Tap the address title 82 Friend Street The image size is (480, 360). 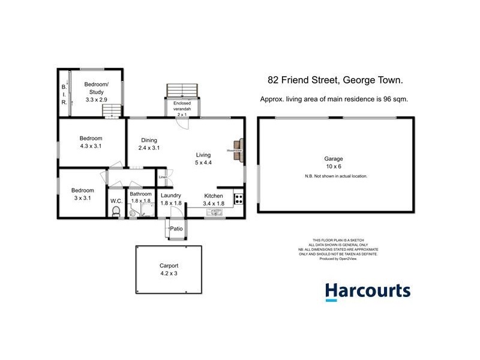coord(335,80)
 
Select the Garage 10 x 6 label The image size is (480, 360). coord(334,163)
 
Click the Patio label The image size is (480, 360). coord(176,229)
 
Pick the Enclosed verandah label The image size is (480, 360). coord(182,107)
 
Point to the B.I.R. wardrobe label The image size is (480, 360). coord(64,95)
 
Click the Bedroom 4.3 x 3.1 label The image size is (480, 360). coord(91,142)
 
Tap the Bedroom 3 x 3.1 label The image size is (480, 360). coord(83,193)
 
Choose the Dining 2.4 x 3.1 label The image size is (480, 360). coord(149,144)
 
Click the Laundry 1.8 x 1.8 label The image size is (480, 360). coord(171,199)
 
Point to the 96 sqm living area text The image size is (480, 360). coord(334,100)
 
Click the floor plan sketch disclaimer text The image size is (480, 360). coord(339,247)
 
